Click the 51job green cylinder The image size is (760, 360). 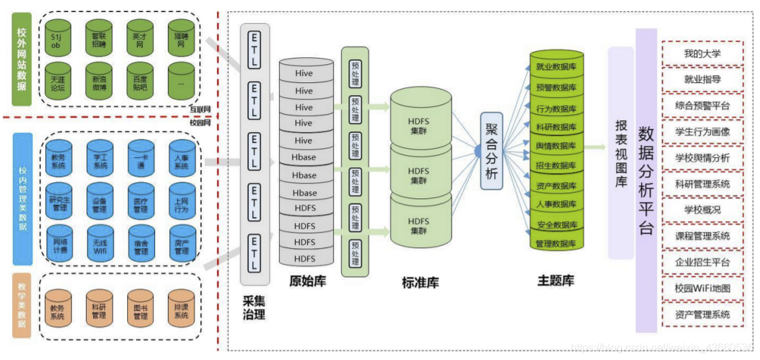pos(58,38)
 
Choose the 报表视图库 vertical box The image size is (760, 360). pos(621,152)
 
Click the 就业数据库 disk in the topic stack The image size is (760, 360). pos(556,67)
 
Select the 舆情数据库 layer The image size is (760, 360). pos(556,146)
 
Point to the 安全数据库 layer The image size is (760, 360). pos(556,224)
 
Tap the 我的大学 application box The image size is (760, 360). pos(702,53)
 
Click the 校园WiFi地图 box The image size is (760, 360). pos(702,289)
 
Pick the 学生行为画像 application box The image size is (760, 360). pos(702,131)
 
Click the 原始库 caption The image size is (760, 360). pos(307,281)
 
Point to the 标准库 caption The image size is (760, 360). pos(420,283)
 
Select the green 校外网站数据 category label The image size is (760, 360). pos(23,59)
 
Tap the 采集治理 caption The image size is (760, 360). pos(255,307)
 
